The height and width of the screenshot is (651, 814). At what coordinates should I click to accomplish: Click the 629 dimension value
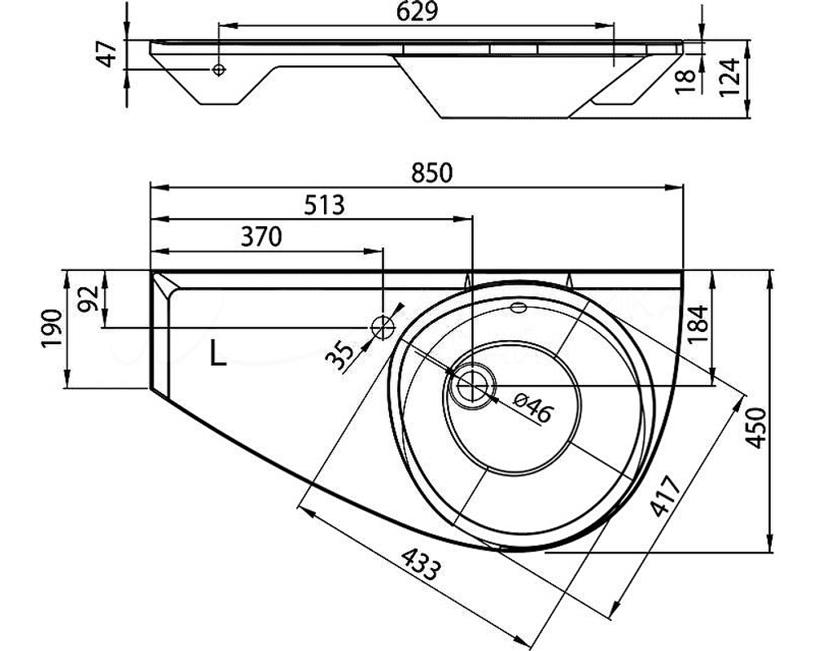click(416, 12)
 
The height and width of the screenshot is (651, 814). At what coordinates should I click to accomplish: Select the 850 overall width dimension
click(432, 173)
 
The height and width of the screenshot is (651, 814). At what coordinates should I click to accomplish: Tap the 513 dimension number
click(324, 205)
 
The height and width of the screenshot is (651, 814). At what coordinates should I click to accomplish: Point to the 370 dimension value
click(261, 237)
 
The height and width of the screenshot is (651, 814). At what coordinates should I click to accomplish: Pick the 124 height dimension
click(729, 76)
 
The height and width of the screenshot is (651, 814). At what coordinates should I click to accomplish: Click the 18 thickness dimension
click(685, 81)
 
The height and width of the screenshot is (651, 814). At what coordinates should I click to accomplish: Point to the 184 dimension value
click(698, 325)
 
